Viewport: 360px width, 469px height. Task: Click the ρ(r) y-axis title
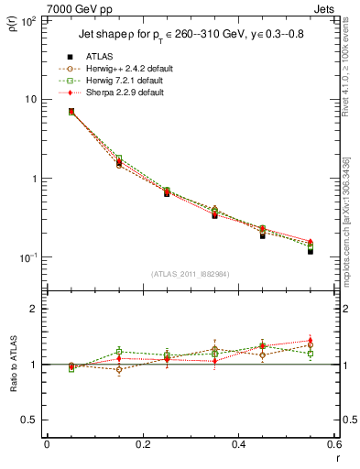point(16,23)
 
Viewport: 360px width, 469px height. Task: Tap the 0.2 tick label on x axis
point(142,445)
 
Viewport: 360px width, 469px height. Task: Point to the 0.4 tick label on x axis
point(237,445)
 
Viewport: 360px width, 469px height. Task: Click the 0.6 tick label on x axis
point(333,445)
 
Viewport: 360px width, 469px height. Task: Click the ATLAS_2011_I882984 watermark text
point(190,273)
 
